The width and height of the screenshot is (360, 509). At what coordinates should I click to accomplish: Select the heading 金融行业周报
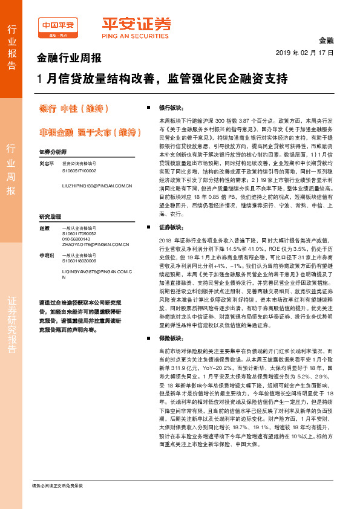point(70,59)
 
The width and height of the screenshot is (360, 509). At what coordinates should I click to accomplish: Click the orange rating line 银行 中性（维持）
point(73,109)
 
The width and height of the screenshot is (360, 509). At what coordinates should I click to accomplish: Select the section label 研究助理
point(50,216)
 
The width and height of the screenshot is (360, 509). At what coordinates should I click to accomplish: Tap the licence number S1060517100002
point(79,170)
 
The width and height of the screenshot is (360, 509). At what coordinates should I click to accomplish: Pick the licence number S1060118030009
point(79,261)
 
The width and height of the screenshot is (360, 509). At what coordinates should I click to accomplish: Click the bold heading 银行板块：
point(171,107)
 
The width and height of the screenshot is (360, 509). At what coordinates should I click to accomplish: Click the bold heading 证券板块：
point(171,227)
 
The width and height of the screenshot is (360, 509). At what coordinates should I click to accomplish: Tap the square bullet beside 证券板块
point(149,227)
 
